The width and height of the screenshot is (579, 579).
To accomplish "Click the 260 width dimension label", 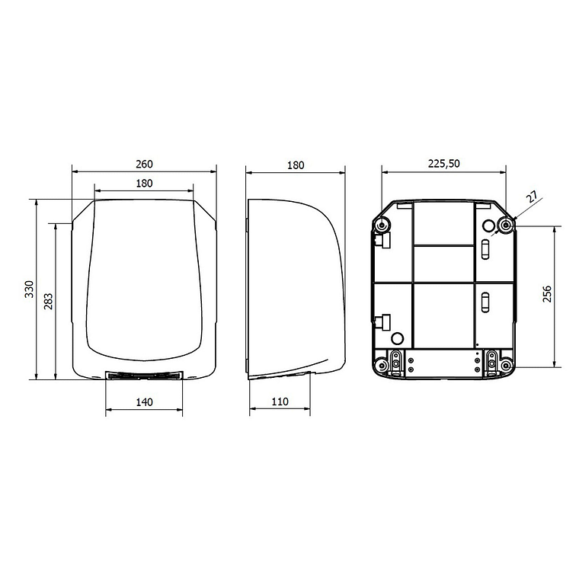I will click(145, 164).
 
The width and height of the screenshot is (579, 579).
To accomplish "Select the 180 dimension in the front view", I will click(145, 183).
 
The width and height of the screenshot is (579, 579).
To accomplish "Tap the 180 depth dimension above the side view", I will click(296, 165).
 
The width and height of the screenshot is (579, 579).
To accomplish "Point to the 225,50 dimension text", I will click(443, 164).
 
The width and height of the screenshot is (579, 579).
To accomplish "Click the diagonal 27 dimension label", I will click(533, 197).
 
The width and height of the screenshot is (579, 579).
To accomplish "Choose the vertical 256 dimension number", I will click(547, 294).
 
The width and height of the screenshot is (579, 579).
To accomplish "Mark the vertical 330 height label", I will click(29, 289).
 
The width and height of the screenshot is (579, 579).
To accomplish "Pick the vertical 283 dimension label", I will click(48, 302).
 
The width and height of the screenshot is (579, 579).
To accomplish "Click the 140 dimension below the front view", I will click(144, 401).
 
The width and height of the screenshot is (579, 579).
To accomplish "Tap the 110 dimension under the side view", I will click(280, 401).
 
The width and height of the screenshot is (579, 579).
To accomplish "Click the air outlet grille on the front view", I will click(144, 376).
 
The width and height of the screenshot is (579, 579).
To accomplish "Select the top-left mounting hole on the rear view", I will click(382, 224).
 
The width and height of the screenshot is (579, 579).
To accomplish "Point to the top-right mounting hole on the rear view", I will click(504, 224).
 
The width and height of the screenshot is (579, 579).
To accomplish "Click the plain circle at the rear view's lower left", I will click(396, 337).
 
